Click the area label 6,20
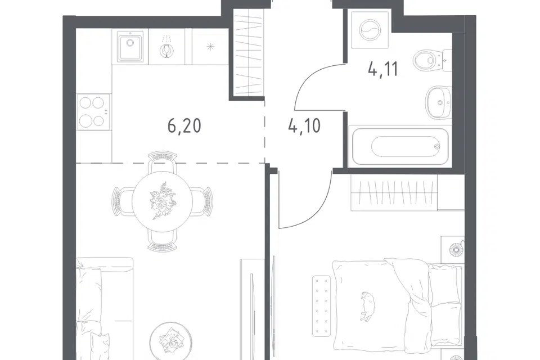(x=184, y=126)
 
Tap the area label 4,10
(x=304, y=126)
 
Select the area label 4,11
(x=383, y=69)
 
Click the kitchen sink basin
(x=130, y=46)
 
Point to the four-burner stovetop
(x=93, y=112)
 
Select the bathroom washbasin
(x=438, y=102)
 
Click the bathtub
(x=400, y=146)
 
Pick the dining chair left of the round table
(x=123, y=201)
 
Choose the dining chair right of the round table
(x=202, y=201)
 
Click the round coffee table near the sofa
(x=171, y=341)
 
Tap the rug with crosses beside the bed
(x=322, y=305)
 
